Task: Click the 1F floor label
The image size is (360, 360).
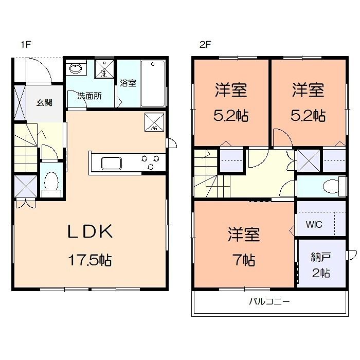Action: pos(26,45)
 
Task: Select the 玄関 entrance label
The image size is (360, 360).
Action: pos(44,102)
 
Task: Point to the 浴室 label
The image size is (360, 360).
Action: pos(128,83)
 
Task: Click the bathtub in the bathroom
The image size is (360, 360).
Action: pos(153,83)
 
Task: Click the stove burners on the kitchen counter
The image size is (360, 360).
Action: pos(148,162)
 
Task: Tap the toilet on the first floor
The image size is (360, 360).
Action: pos(51,183)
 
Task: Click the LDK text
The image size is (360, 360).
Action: pos(91,232)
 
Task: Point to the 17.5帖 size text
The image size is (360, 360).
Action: pos(91,260)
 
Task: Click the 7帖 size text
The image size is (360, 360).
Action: pos(244,260)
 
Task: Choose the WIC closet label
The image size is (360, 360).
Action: pos(314,225)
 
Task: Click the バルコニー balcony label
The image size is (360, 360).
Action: pos(269,302)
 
